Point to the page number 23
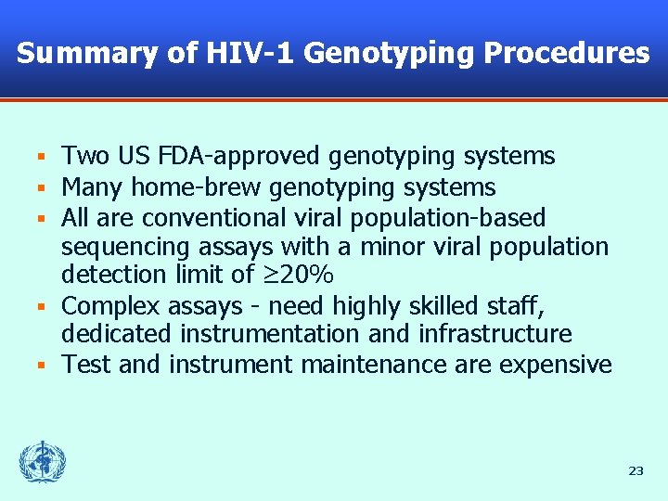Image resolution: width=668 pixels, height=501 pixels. (636, 471)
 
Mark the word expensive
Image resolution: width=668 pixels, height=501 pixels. (556, 365)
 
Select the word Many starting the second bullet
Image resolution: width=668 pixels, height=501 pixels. (93, 187)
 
